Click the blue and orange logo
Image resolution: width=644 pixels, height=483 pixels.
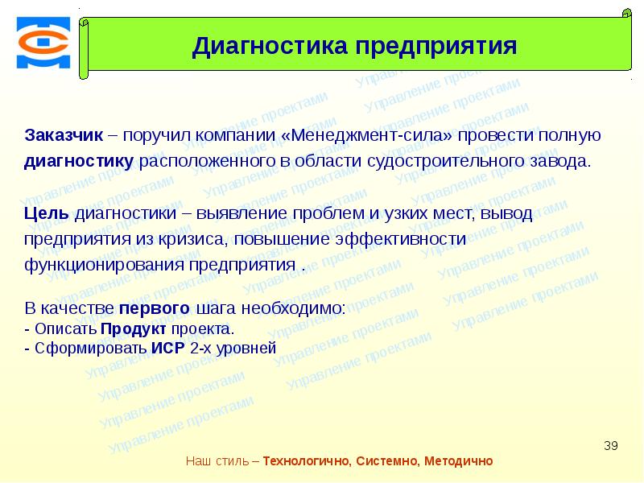43,43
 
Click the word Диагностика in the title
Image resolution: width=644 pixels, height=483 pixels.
270,46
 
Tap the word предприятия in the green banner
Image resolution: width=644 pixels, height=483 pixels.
436,47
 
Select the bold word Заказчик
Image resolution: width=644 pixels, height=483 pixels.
64,135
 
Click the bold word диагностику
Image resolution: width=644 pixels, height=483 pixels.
79,162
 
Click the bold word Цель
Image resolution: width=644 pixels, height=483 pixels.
47,213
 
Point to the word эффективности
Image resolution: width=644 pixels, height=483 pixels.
400,239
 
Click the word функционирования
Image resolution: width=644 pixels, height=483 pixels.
105,265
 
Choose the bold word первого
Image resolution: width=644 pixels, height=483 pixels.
155,308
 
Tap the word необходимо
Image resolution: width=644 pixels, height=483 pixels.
293,308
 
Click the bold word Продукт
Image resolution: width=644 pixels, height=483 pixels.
134,329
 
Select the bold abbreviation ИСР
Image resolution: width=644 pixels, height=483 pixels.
168,348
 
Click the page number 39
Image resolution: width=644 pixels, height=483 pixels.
611,446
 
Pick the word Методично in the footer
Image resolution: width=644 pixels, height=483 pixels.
458,460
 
